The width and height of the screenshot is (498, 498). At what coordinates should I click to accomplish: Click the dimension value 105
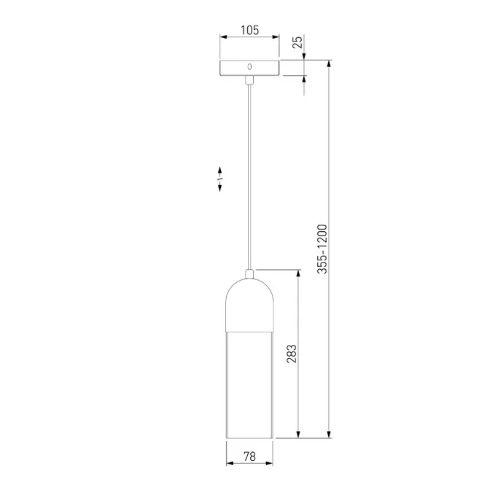pyautogui.click(x=249, y=31)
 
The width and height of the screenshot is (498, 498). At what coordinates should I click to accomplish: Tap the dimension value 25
pyautogui.click(x=297, y=42)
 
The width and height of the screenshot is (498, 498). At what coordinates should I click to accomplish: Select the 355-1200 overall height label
pyautogui.click(x=323, y=249)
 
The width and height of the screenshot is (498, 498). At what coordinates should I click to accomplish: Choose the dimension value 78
pyautogui.click(x=249, y=456)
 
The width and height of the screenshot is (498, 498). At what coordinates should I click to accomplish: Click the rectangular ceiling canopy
pyautogui.click(x=249, y=68)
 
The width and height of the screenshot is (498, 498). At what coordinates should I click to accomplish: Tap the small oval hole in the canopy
pyautogui.click(x=249, y=67)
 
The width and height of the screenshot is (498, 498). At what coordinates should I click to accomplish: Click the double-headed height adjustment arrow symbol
pyautogui.click(x=219, y=179)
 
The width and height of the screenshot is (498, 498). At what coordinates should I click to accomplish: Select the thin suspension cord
pyautogui.click(x=249, y=175)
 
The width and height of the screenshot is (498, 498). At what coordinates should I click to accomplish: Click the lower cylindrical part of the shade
pyautogui.click(x=249, y=386)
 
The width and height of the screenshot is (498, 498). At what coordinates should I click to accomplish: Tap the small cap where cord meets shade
pyautogui.click(x=249, y=273)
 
